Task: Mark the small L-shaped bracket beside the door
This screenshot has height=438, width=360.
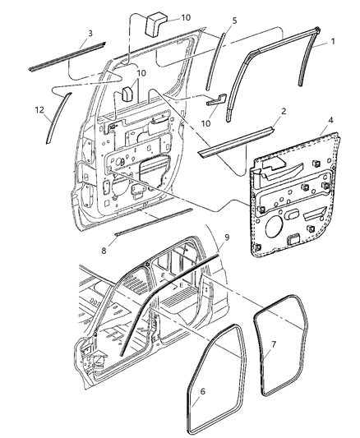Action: click(x=215, y=101)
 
